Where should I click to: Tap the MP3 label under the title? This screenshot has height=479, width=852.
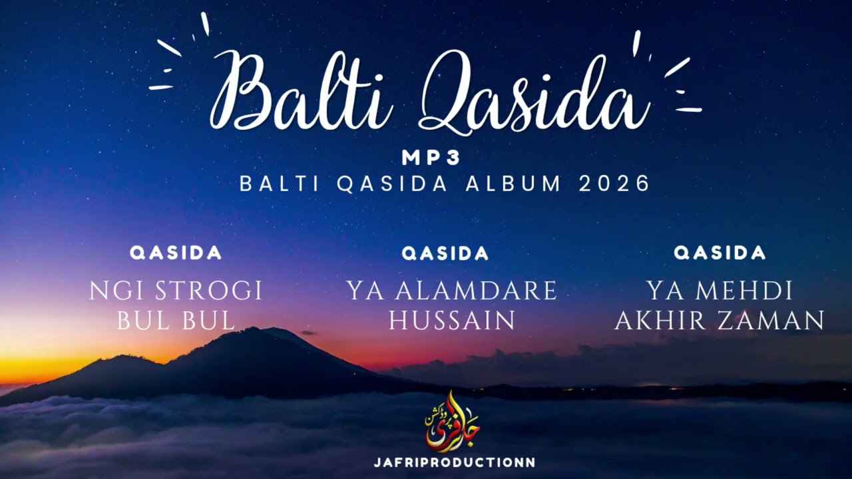(x=431, y=158)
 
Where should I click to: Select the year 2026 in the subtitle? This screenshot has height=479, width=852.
(x=614, y=184)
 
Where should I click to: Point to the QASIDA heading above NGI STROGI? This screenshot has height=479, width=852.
(x=176, y=253)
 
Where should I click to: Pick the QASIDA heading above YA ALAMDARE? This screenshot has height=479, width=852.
(x=445, y=253)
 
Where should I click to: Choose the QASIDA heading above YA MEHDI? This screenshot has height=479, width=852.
(x=720, y=253)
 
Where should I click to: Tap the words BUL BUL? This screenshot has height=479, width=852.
(x=176, y=321)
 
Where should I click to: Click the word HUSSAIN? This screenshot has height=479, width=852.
(x=452, y=321)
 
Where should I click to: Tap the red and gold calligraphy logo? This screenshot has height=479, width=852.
(x=452, y=422)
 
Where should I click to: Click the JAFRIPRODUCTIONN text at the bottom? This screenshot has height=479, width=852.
(x=455, y=462)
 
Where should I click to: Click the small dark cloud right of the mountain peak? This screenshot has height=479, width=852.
(x=308, y=333)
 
